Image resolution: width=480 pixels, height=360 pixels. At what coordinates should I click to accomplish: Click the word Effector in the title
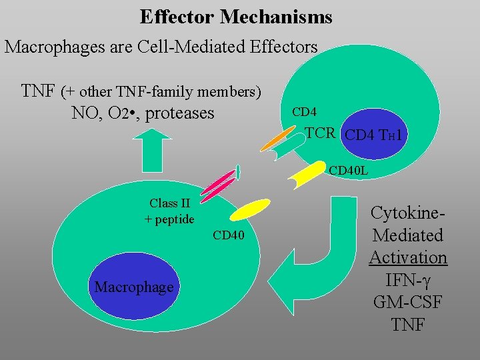(177, 17)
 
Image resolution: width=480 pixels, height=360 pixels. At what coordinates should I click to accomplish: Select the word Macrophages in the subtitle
(51, 47)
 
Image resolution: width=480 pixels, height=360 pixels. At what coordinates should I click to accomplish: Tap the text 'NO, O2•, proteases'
(143, 113)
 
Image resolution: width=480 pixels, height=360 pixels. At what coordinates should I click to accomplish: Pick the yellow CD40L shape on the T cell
(308, 175)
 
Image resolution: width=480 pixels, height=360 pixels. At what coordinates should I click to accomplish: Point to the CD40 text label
(229, 235)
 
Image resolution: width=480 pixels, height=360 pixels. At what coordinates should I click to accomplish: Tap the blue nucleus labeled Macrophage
(133, 287)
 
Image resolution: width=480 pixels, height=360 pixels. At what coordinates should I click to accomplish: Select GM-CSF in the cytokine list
(409, 302)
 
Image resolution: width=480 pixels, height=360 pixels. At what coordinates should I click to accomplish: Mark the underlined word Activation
(409, 257)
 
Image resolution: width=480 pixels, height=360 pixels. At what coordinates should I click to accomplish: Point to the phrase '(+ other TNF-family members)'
(161, 90)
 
